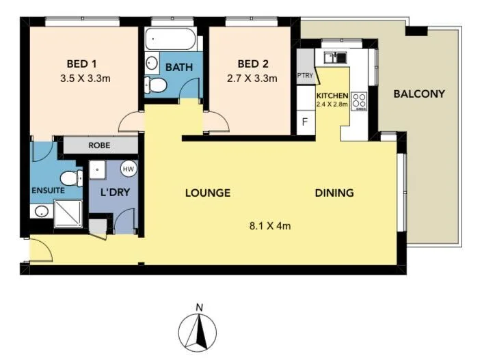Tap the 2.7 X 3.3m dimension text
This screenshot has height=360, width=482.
pos(252,79)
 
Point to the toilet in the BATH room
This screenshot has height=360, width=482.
pos(157,85)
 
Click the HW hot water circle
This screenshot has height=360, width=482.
pos(128,168)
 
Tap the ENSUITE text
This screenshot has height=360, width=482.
pos(47,191)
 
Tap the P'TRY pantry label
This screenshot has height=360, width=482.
pos(304,77)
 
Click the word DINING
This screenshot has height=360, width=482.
pos(334,193)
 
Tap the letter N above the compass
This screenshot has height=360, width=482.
pos(198,307)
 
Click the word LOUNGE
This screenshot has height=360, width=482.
pos(207,193)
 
